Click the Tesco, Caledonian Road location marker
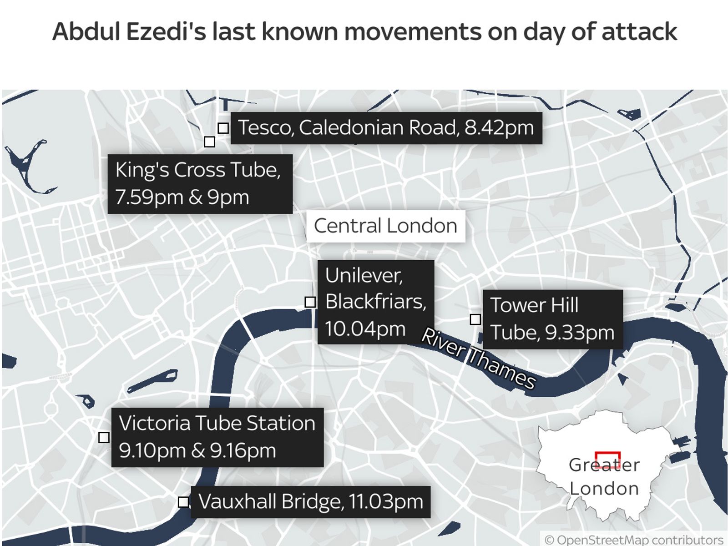click(x=223, y=128)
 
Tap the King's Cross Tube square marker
click(x=209, y=142)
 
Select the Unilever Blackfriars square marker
click(x=310, y=302)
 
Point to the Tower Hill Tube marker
click(x=475, y=319)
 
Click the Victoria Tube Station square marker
click(x=104, y=437)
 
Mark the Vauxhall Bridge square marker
click(x=183, y=502)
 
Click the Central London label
click(x=385, y=226)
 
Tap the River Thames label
click(x=478, y=359)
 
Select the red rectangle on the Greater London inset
click(x=607, y=460)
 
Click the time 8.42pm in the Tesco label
click(x=499, y=128)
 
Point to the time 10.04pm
click(x=365, y=329)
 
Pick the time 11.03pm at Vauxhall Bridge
click(x=386, y=501)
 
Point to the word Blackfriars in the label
click(x=375, y=301)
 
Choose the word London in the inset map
click(x=604, y=489)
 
